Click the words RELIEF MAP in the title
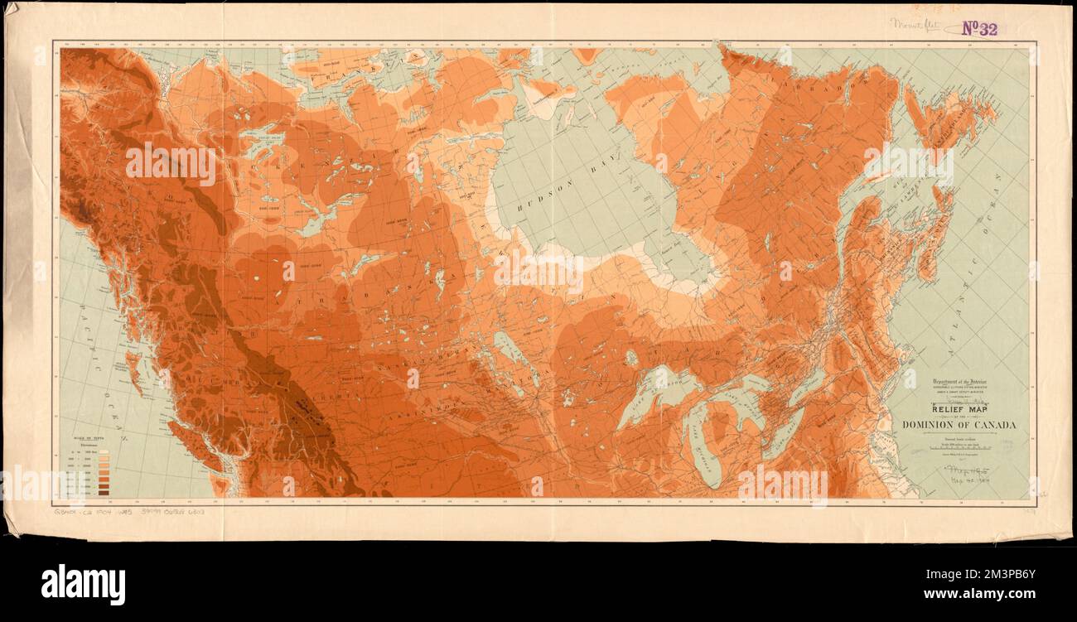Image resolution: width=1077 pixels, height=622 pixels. point(959,408)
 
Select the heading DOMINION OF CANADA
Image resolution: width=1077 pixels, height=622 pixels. point(959,426)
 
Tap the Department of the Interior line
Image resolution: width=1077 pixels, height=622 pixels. point(959,383)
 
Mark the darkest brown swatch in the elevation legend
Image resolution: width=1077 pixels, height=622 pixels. point(104,492)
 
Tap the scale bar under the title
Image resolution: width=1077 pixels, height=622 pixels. point(959,448)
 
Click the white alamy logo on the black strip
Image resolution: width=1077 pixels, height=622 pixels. point(83,584)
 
